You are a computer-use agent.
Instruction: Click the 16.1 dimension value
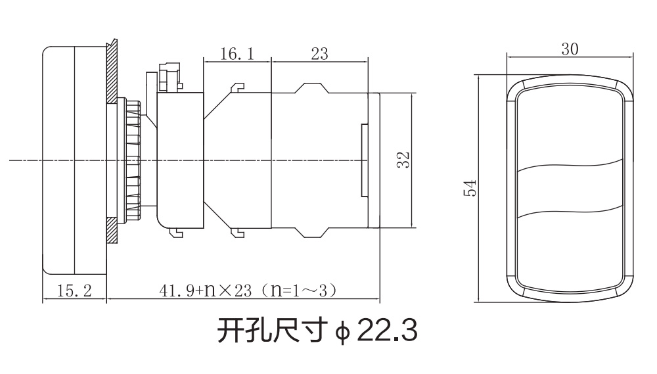(237, 54)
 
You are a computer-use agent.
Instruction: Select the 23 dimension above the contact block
(320, 54)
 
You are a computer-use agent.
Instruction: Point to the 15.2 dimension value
(74, 290)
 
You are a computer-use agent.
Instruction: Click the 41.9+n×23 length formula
(205, 290)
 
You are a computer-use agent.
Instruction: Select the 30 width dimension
(570, 49)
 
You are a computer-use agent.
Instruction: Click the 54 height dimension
(470, 188)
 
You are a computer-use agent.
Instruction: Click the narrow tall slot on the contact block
(365, 160)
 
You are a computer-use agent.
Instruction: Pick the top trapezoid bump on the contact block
(312, 88)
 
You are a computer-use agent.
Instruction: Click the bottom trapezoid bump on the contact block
(312, 232)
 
